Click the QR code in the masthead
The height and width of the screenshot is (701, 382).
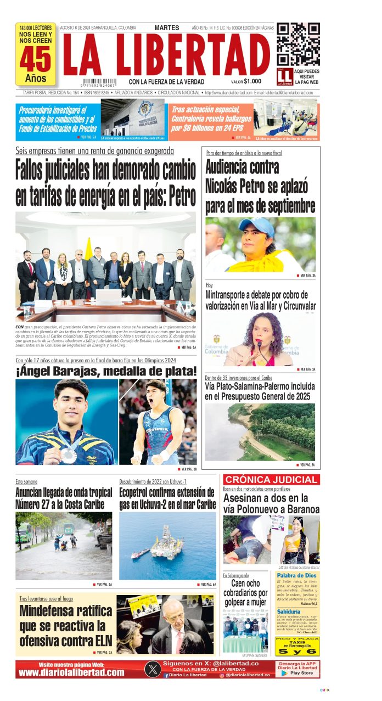pyautogui.click(x=298, y=44)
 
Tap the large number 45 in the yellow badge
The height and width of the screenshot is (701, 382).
pyautogui.click(x=36, y=59)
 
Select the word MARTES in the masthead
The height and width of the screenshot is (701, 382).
pyautogui.click(x=167, y=27)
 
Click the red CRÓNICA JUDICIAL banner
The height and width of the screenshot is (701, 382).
pyautogui.click(x=271, y=480)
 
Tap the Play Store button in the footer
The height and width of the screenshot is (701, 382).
pyautogui.click(x=297, y=673)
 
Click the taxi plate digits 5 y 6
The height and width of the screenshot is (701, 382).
pyautogui.click(x=297, y=652)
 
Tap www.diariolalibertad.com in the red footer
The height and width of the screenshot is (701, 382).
pyautogui.click(x=71, y=672)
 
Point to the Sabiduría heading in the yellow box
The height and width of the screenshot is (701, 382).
pyautogui.click(x=289, y=612)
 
